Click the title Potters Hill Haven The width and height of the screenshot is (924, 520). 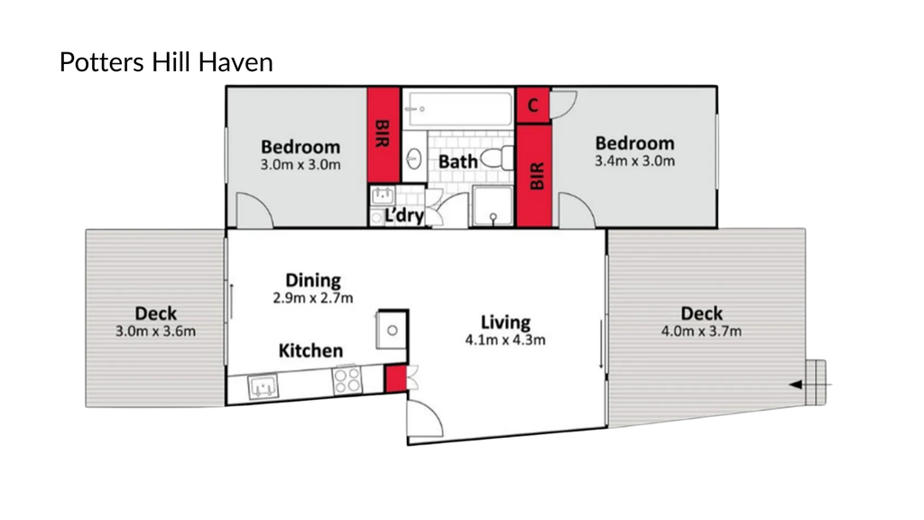click(x=166, y=62)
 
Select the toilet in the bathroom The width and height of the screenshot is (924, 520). click(x=497, y=159)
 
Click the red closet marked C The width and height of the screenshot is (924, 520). click(x=533, y=106)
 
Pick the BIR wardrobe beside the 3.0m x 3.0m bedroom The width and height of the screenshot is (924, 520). click(x=383, y=135)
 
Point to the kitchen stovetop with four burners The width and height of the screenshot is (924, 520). click(x=347, y=380)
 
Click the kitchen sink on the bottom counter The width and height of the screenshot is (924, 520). click(x=263, y=387)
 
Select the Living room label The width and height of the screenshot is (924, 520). click(x=505, y=322)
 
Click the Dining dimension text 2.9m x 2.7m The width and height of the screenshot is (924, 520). click(x=313, y=298)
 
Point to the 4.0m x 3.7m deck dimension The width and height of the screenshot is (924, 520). click(x=701, y=331)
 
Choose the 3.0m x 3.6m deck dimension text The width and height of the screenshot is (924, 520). click(x=155, y=331)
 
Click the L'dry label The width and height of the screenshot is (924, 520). click(x=403, y=216)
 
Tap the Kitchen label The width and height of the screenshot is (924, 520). click(x=310, y=351)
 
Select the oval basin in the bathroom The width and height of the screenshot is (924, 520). click(x=414, y=159)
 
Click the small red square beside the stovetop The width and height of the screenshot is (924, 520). click(x=396, y=378)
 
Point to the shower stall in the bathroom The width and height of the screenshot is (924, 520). click(x=494, y=206)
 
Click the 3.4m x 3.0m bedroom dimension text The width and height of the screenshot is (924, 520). click(x=634, y=161)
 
